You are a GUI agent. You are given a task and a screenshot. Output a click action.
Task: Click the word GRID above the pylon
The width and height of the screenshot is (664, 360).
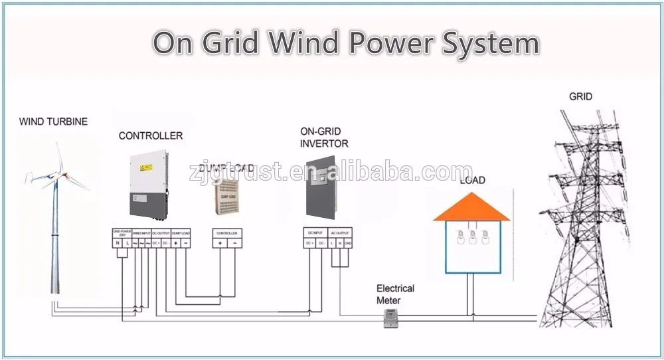coord(580,97)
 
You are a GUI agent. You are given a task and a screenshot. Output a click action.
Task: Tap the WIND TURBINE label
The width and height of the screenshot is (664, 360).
coord(53,122)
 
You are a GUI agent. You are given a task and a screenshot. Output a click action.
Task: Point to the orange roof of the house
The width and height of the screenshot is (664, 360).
coord(471,207)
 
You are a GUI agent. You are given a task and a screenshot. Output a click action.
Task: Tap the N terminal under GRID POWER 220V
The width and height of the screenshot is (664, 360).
coord(118,244)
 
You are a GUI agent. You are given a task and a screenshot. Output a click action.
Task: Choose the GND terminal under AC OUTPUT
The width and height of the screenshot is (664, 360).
coord(348,244)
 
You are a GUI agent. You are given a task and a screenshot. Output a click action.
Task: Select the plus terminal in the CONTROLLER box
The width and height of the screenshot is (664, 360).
coord(219,244)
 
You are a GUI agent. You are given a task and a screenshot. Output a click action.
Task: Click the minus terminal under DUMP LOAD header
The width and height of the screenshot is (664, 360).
coord(186,244)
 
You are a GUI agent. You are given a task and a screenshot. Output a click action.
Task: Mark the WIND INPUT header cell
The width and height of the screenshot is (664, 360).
coord(142,233)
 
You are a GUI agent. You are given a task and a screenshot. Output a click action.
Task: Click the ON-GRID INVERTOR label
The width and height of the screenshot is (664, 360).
coord(323,138)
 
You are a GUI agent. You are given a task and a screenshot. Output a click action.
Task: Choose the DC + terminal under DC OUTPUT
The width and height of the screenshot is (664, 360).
coord(155,244)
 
